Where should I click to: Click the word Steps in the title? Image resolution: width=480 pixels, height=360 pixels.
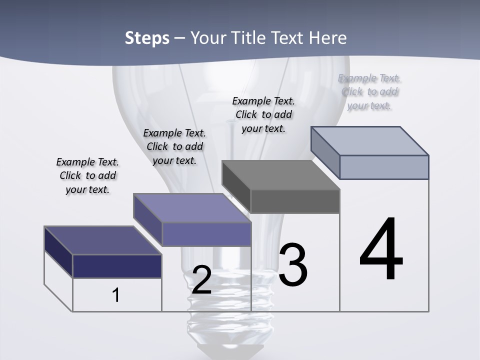pyautogui.click(x=147, y=38)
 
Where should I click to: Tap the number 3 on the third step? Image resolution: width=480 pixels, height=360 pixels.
pyautogui.click(x=293, y=264)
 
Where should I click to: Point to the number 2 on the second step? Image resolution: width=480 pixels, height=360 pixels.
pyautogui.click(x=201, y=280)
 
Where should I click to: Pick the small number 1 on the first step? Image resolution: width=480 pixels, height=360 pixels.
pyautogui.click(x=116, y=295)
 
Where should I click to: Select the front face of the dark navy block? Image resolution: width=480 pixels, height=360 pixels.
pyautogui.click(x=117, y=266)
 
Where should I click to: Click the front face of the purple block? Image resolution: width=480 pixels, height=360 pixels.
pyautogui.click(x=206, y=234)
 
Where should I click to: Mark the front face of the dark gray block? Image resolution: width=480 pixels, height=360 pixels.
pyautogui.click(x=295, y=201)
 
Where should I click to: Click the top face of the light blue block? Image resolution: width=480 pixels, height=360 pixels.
pyautogui.click(x=370, y=140)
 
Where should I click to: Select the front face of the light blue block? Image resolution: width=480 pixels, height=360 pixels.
pyautogui.click(x=384, y=167)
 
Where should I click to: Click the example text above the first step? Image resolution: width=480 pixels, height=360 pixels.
pyautogui.click(x=87, y=176)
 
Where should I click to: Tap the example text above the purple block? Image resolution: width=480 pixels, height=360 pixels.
pyautogui.click(x=174, y=146)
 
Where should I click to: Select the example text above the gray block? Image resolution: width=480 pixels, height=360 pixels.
pyautogui.click(x=263, y=114)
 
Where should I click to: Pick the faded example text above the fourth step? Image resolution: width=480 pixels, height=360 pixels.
pyautogui.click(x=369, y=91)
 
